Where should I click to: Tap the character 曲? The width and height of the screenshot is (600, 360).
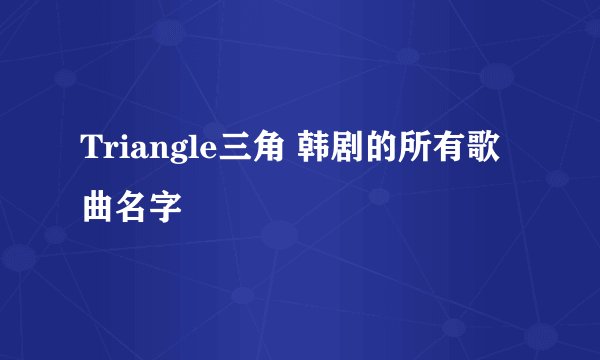tap(98, 205)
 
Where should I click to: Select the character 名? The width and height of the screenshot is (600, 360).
tap(135, 205)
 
